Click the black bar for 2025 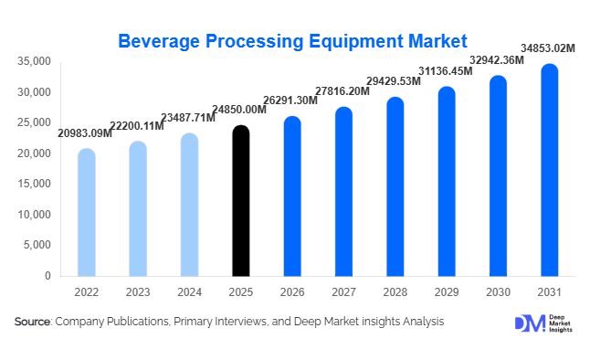(x=240, y=201)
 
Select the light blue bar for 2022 (x=86, y=213)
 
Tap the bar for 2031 (x=549, y=171)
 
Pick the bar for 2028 (x=395, y=187)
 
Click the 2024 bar (x=189, y=205)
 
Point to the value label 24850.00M (x=239, y=111)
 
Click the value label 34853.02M (x=548, y=48)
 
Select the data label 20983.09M (x=85, y=133)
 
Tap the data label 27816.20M (x=342, y=92)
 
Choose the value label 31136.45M (x=446, y=71)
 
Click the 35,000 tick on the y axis (x=34, y=61)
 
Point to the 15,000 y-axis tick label (x=34, y=184)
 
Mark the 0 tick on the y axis (x=47, y=276)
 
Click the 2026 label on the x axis (x=291, y=291)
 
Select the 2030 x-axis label (x=497, y=291)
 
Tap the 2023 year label (x=137, y=291)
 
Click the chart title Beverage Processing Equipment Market (x=293, y=41)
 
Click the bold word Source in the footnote (x=33, y=323)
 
